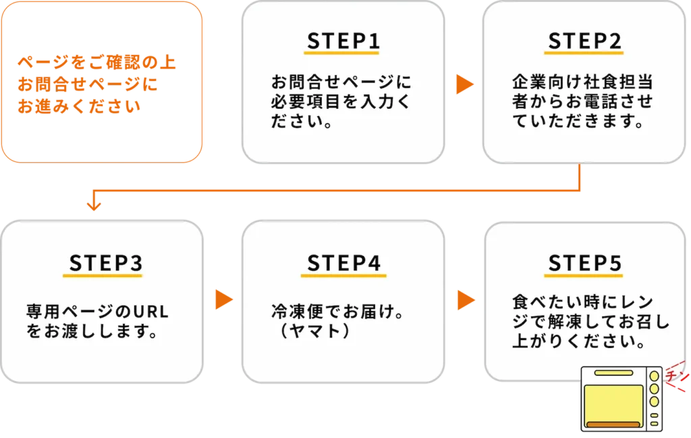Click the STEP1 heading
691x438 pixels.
point(343,41)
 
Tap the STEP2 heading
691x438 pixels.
point(585,41)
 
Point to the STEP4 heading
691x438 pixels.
point(343,264)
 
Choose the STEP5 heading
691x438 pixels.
point(585,264)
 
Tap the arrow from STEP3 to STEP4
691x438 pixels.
point(223,300)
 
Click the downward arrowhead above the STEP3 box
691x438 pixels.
point(94,204)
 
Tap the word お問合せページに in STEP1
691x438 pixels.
point(341,84)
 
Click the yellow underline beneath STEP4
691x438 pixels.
point(343,276)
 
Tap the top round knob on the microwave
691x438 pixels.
point(654,376)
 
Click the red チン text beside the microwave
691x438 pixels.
point(676,374)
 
